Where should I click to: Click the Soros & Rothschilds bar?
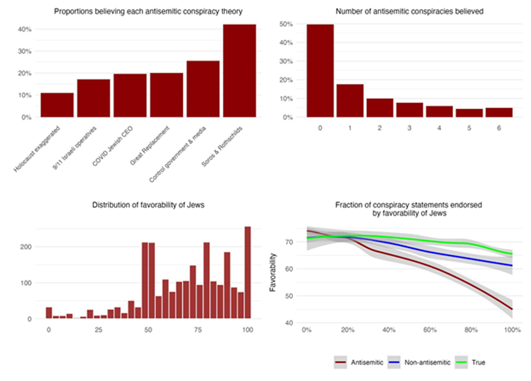pos(239,71)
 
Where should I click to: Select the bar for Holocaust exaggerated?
pos(57,105)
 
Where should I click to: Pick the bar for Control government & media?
pos(203,89)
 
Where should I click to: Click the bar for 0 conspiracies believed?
pos(320,71)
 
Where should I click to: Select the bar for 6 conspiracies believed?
pos(498,112)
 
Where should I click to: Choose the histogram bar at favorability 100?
pos(248,272)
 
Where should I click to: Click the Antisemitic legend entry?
pos(360,362)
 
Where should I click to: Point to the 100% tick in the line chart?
pos(511,329)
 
